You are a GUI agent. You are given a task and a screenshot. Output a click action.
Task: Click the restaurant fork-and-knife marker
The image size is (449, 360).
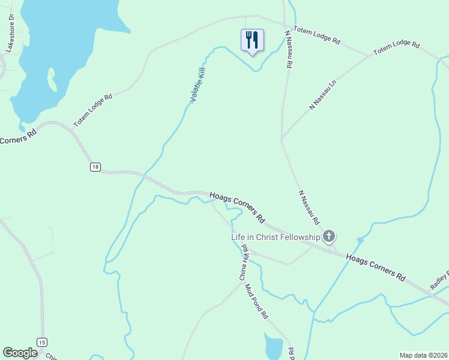coord(252,40)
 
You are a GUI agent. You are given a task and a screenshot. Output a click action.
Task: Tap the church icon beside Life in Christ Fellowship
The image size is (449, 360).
coord(329,236)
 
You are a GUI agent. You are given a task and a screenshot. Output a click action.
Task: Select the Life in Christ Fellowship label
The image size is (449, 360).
coord(276,237)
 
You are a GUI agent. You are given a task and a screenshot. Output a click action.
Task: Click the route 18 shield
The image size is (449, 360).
coord(95,167)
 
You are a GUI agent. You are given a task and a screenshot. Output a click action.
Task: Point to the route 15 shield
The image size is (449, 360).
coord(41,342)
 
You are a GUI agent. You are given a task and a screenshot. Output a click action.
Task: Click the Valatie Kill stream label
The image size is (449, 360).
coord(198,85)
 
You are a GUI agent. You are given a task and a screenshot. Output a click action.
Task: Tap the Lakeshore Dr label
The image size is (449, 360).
coord(10,33)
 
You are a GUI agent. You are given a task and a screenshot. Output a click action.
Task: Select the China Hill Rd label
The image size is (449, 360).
coord(244,263)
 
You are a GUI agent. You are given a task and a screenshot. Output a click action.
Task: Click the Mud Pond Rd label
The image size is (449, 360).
coord(256,301)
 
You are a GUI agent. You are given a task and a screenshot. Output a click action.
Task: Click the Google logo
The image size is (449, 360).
coord(20,353)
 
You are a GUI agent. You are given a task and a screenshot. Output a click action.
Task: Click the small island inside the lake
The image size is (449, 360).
coord(52,81)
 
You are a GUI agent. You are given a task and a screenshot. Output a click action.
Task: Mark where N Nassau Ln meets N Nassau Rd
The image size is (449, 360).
coord(282,139)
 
